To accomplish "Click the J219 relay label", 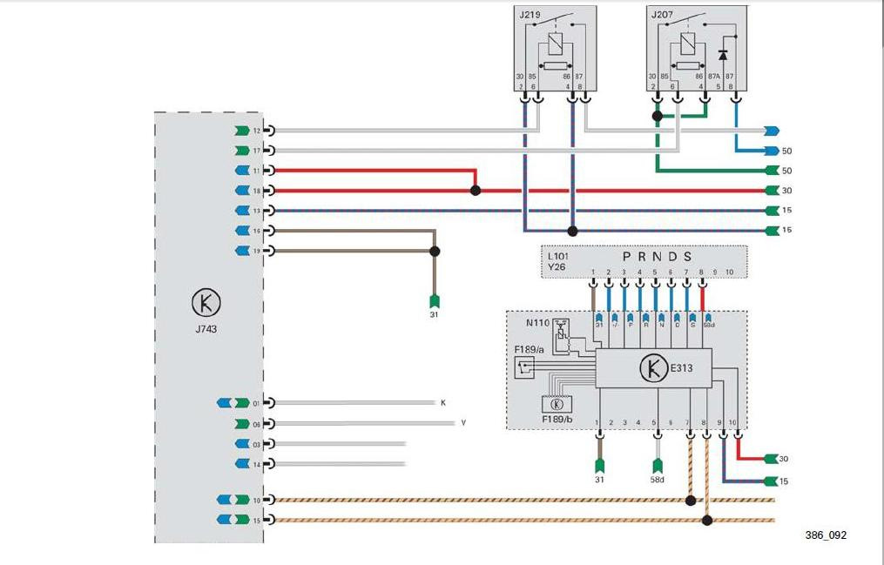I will [530, 15].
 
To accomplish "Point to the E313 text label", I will [681, 368].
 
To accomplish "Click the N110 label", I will [537, 323].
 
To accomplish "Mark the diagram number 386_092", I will [825, 535].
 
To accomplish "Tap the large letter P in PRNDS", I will [627, 257].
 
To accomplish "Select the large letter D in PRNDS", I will [672, 257].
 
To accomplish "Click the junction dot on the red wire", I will [475, 190].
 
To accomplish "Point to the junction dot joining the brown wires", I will [435, 251].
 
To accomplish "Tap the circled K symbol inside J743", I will [206, 304].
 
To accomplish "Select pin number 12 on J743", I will [256, 131].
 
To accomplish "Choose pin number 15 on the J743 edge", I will [256, 521].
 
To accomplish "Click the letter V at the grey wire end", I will [463, 423].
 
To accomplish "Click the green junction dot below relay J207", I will [658, 115].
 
